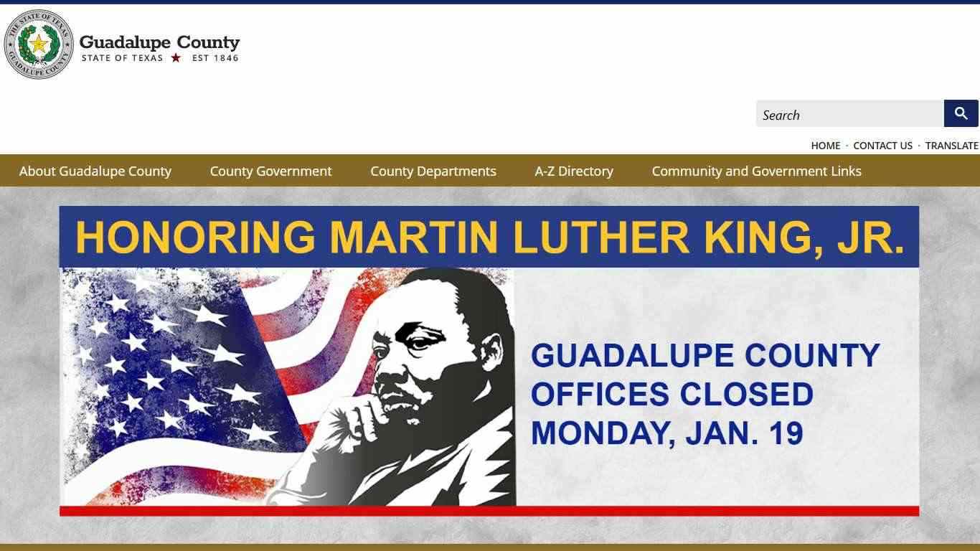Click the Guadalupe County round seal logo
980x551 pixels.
pos(39,44)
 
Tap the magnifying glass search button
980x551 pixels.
pos(961,113)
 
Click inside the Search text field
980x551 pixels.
pos(849,114)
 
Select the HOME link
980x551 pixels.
pos(826,146)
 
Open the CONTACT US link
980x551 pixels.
pos(882,146)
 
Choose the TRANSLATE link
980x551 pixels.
pos(951,146)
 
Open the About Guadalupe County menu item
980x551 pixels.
pos(95,171)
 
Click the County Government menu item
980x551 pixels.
pos(270,171)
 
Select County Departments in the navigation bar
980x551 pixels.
pos(433,171)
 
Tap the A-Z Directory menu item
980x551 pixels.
pos(573,171)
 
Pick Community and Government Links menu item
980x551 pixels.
pos(756,171)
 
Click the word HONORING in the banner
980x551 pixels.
pos(195,237)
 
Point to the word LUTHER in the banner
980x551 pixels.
pos(601,237)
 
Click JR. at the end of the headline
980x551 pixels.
pos(870,237)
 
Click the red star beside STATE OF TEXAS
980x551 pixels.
pos(176,58)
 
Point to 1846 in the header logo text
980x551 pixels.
pos(226,58)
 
